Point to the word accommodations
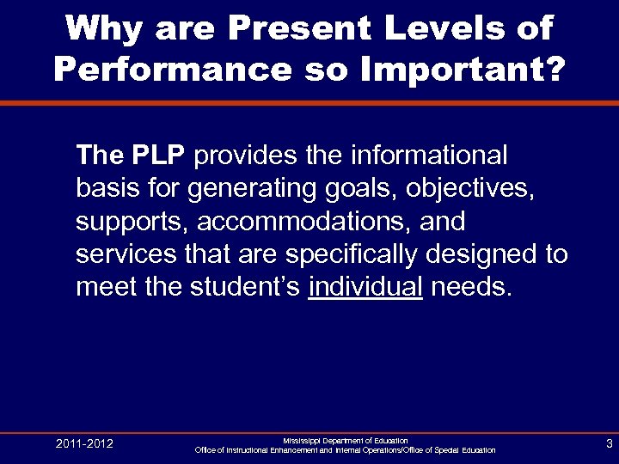pos(306,222)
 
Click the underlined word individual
pos(365,287)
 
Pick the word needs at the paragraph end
pos(470,287)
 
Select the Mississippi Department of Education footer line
pos(345,440)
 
